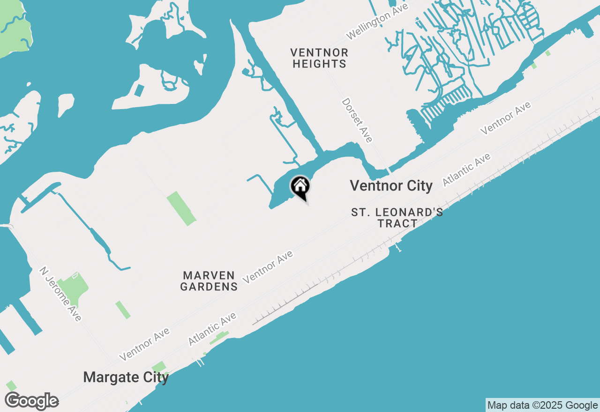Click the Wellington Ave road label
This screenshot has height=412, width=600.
click(x=377, y=20)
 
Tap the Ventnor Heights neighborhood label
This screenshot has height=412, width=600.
click(x=319, y=58)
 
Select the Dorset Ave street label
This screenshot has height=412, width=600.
click(x=357, y=120)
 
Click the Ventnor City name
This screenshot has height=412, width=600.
click(x=391, y=186)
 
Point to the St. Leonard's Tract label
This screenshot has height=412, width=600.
click(x=397, y=218)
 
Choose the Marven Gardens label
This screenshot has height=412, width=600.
click(x=209, y=281)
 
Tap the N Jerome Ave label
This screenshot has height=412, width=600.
click(x=60, y=294)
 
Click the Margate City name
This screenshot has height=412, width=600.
click(x=126, y=377)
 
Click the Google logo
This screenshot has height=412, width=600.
click(x=31, y=401)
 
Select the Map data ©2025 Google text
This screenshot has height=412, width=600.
click(x=542, y=405)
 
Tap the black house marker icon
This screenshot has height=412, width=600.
click(x=300, y=187)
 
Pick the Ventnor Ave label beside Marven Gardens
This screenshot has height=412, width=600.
click(x=268, y=267)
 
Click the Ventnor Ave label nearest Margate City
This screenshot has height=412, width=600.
click(x=144, y=344)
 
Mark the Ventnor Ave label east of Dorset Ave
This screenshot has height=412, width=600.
click(x=506, y=118)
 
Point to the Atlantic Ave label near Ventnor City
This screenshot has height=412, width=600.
click(x=466, y=169)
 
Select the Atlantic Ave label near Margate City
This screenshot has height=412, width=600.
click(x=212, y=330)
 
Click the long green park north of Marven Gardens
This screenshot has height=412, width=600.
click(x=181, y=208)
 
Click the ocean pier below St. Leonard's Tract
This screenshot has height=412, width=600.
click(x=398, y=247)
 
